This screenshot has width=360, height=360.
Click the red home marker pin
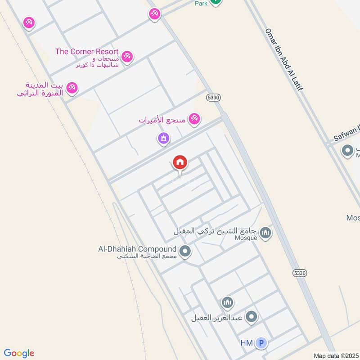(180, 162)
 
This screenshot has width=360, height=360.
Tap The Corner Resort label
(87, 51)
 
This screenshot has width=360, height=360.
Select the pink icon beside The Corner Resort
(127, 57)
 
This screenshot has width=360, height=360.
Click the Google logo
(19, 353)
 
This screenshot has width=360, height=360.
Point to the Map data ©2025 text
(335, 355)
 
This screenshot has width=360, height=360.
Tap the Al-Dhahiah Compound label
(137, 249)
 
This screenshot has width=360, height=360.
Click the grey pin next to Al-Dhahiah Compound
(184, 251)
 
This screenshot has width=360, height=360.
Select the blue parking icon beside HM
(261, 343)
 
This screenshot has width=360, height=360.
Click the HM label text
(247, 343)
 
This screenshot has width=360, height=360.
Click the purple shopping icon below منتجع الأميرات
(163, 138)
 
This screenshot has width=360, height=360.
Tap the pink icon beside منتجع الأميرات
(194, 119)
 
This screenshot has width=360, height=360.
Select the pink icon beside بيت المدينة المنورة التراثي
(72, 88)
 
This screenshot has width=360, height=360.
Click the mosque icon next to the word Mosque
(265, 233)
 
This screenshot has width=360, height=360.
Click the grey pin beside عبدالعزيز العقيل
(251, 317)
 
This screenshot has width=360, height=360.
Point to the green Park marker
(216, 2)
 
